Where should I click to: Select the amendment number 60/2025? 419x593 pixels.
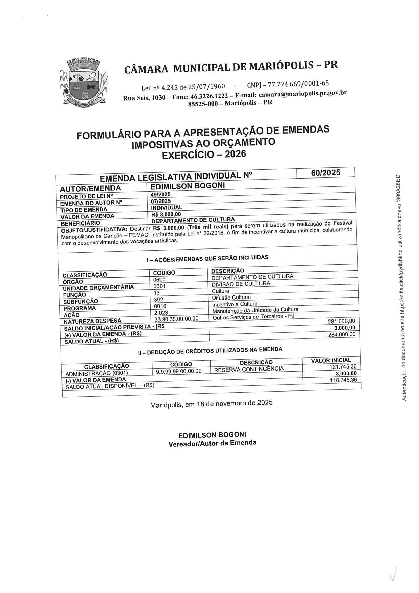pyautogui.click(x=326, y=173)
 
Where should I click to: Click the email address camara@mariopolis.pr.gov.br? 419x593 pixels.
pyautogui.click(x=302, y=94)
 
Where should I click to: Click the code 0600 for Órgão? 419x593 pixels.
pyautogui.click(x=159, y=279)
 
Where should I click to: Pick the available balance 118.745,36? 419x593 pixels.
pyautogui.click(x=343, y=380)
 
